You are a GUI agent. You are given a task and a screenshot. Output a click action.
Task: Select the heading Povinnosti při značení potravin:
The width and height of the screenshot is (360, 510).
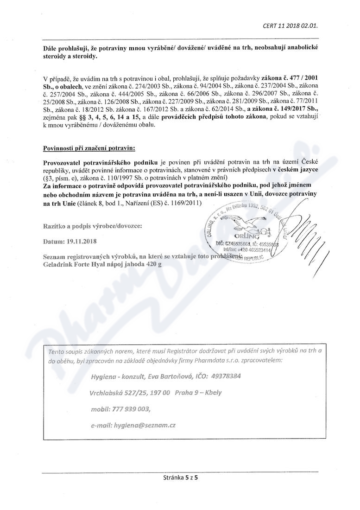tap(89, 148)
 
